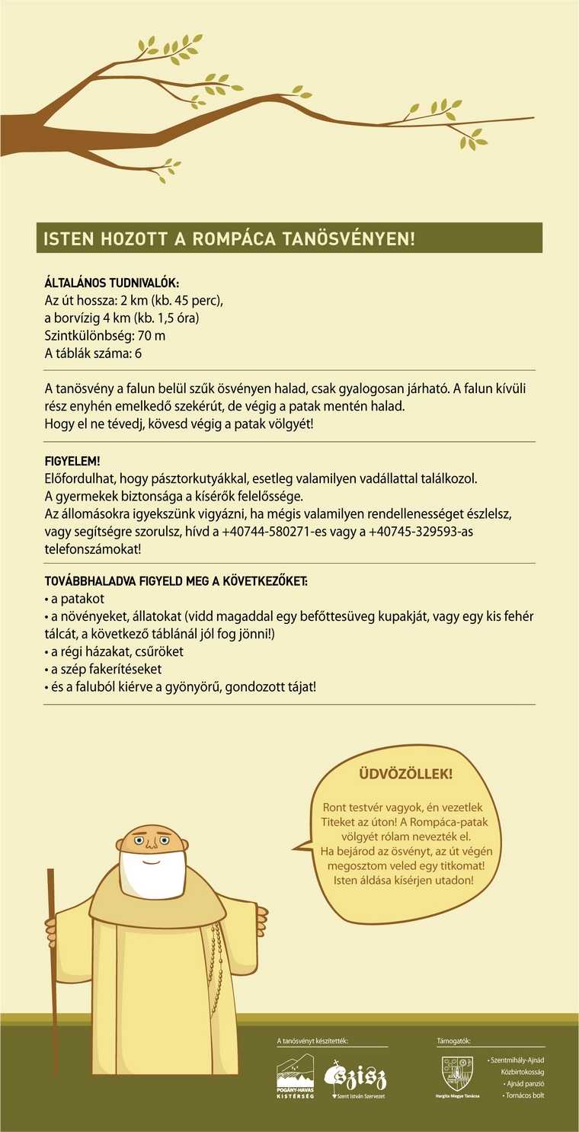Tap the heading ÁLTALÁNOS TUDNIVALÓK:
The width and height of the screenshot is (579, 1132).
(112, 283)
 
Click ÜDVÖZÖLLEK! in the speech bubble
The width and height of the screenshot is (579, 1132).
(405, 774)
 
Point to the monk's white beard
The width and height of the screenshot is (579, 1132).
(153, 872)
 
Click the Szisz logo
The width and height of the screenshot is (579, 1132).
(355, 1077)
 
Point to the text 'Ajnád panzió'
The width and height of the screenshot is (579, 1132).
(525, 1083)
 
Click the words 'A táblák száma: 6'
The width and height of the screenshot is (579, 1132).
(93, 353)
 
